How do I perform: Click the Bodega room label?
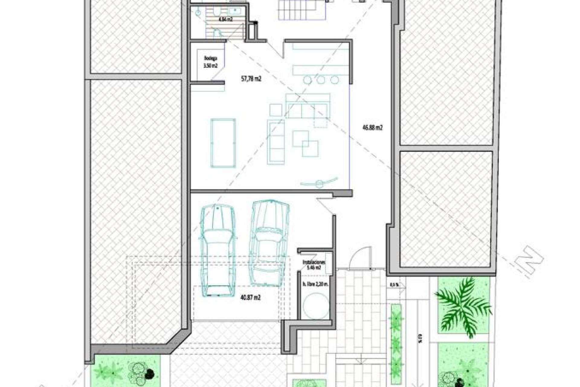point(211,58)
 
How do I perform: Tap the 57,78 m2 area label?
point(251,79)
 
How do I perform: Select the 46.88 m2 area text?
point(372,128)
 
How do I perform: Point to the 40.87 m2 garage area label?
point(250,298)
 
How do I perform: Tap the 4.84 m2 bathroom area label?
point(226,19)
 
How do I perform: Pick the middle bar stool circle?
point(321,80)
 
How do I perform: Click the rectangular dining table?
point(223,143)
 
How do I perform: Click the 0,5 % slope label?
point(394,285)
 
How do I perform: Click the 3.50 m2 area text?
point(211,66)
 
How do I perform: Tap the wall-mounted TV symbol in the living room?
point(319,183)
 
